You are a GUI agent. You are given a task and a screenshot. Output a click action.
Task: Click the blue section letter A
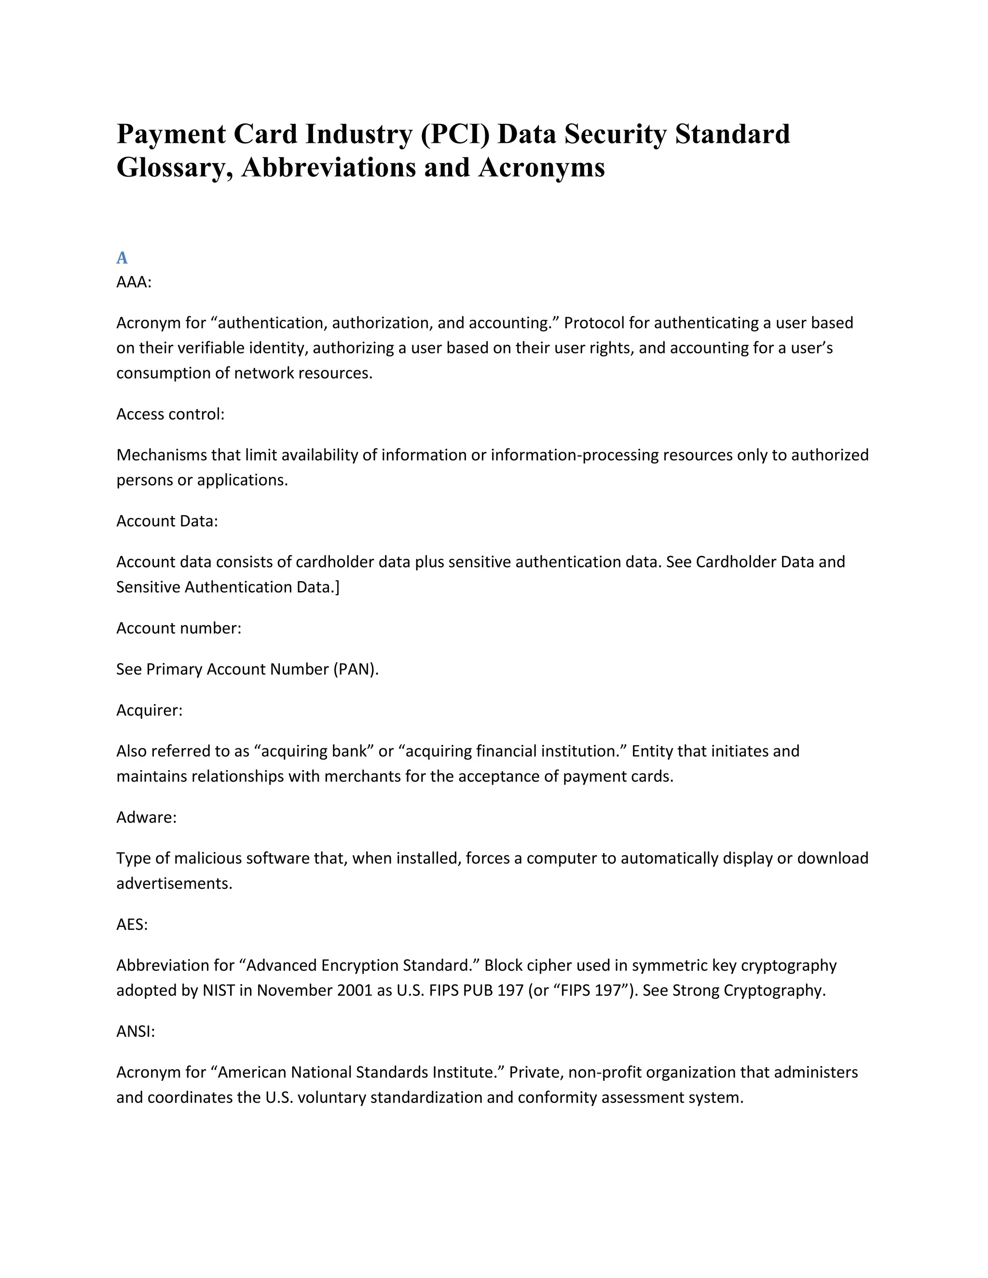coord(122,258)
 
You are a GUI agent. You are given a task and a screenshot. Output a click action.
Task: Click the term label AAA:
coord(134,283)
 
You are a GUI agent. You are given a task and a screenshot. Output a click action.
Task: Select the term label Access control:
coord(170,414)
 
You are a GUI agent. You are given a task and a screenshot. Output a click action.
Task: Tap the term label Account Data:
coord(167,521)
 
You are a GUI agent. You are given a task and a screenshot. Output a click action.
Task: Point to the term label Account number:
coord(178,628)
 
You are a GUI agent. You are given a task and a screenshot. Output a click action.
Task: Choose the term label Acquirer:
coord(149,710)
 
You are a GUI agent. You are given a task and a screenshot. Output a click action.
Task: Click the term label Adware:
coord(146,817)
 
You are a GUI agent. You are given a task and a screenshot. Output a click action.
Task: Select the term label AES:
coord(132,925)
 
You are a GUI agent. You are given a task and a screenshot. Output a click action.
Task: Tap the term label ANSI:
coord(135,1032)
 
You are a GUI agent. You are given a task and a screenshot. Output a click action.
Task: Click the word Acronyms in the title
coord(541,168)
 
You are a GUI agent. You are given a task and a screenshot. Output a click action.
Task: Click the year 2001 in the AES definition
coord(355,991)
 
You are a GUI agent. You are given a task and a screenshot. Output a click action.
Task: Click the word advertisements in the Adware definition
coord(174,884)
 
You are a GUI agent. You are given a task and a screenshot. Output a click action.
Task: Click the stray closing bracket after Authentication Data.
coord(337,587)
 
